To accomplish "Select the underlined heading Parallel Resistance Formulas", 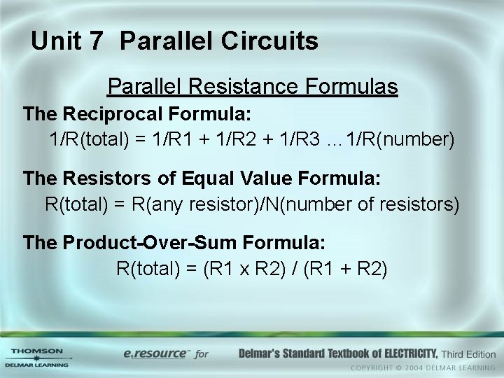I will click(252, 87).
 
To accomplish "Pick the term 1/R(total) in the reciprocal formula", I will click(89, 139).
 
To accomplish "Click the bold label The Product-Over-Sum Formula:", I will click(174, 243).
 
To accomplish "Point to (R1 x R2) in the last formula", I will click(239, 269).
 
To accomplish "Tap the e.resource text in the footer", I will click(156, 353).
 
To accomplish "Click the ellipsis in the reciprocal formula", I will click(332, 140).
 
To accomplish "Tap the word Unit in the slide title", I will click(55, 41).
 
